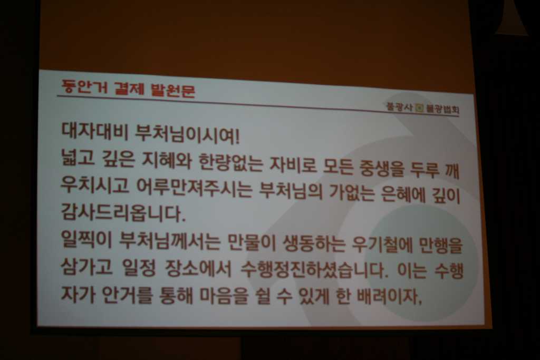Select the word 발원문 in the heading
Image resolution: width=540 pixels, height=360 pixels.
pyautogui.click(x=173, y=90)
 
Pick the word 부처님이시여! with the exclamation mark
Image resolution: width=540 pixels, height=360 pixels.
pyautogui.click(x=187, y=134)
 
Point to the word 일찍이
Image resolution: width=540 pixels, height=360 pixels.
pyautogui.click(x=86, y=238)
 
